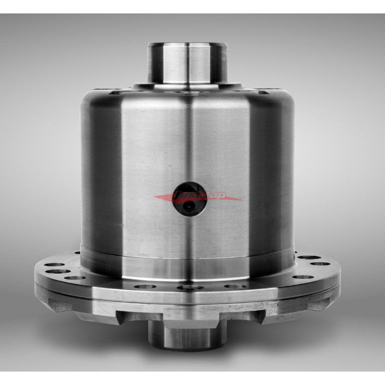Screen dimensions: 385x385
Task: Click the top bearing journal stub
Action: click(x=188, y=62)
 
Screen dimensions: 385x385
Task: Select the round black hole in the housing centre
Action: click(x=190, y=197)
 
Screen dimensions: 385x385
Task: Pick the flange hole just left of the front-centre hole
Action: click(x=145, y=286)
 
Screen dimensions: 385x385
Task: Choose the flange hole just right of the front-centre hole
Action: click(x=234, y=286)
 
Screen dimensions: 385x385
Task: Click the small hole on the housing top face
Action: click(x=188, y=93)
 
